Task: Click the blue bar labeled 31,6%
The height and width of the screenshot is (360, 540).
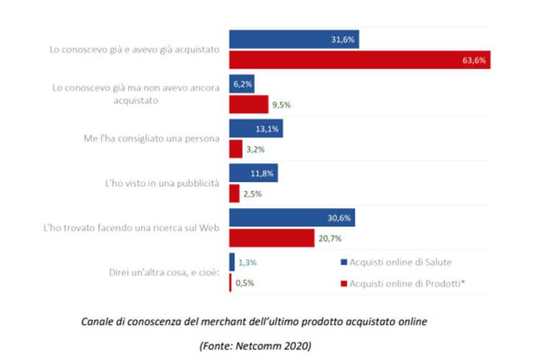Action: pos(294,40)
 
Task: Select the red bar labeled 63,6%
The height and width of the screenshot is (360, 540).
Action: pos(360,60)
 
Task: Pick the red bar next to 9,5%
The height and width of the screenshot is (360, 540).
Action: pos(248,104)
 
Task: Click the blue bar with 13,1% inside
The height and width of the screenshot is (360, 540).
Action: pos(256,128)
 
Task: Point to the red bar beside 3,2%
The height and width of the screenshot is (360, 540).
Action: pos(235,149)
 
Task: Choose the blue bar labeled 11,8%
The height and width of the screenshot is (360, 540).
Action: pos(253,173)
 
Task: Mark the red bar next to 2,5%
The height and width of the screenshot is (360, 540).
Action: pos(234,194)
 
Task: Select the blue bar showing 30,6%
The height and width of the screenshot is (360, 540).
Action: pos(292,217)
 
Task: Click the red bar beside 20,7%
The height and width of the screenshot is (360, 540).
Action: pos(271,238)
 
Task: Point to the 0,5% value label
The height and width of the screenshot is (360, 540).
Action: pos(246,282)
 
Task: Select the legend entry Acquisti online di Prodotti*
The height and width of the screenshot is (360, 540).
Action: pos(408,284)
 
